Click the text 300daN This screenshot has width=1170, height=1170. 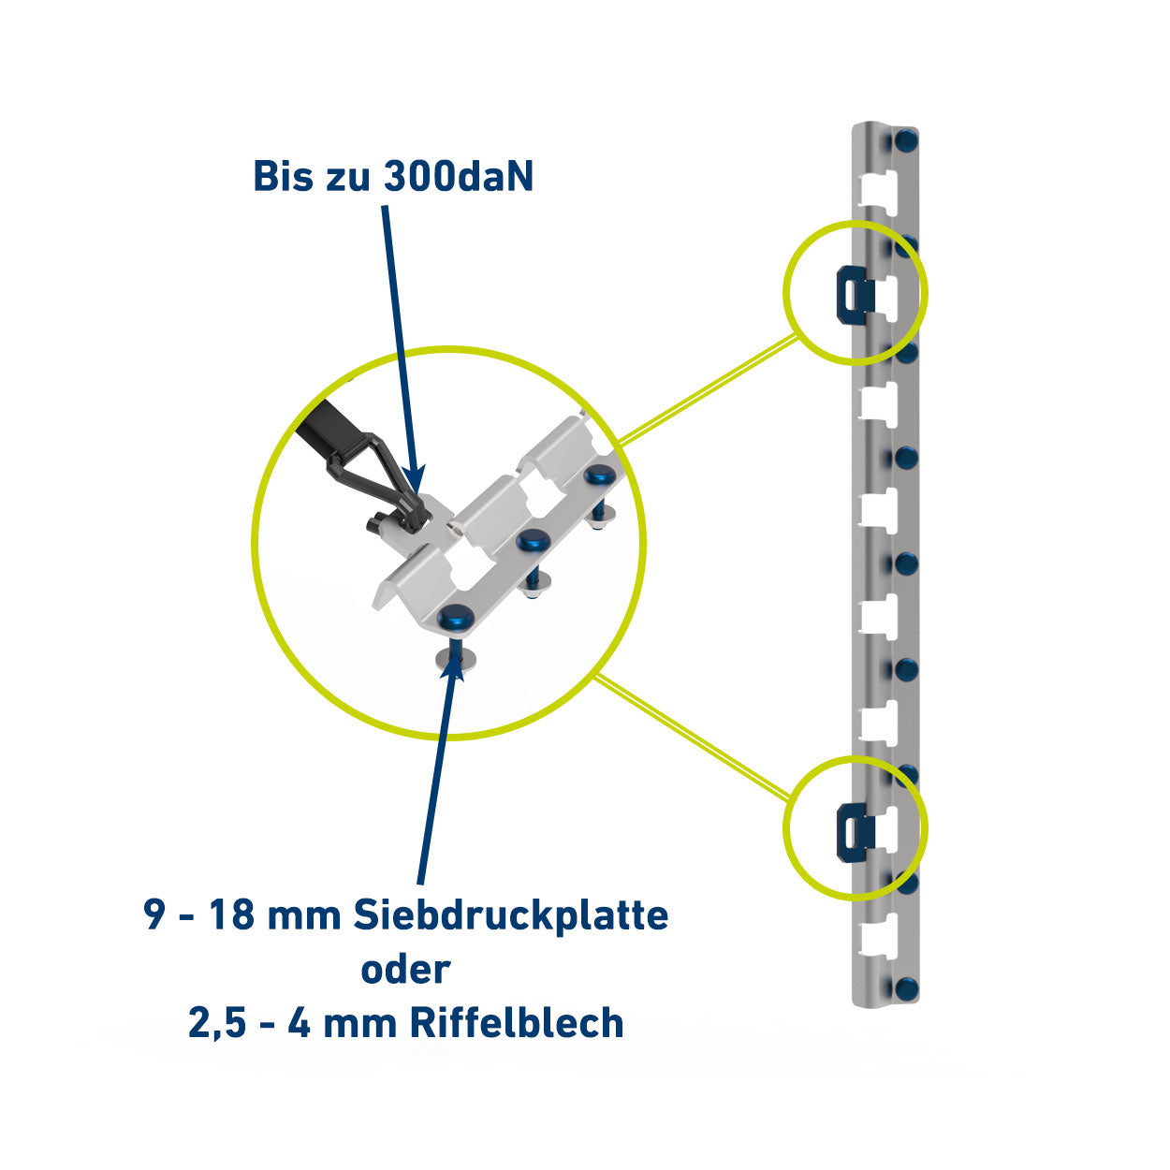click(x=459, y=177)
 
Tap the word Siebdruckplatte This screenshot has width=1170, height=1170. click(x=511, y=915)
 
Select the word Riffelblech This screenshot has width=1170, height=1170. click(x=517, y=1022)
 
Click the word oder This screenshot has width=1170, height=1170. click(x=405, y=969)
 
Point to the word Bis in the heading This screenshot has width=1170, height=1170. click(x=284, y=177)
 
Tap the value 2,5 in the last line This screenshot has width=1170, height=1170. click(x=213, y=1024)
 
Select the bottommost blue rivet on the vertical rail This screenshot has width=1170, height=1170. click(x=907, y=989)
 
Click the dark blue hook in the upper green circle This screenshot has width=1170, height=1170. click(x=855, y=296)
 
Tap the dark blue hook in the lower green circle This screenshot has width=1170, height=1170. click(x=855, y=832)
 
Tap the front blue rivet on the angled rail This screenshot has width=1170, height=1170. click(x=457, y=619)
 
